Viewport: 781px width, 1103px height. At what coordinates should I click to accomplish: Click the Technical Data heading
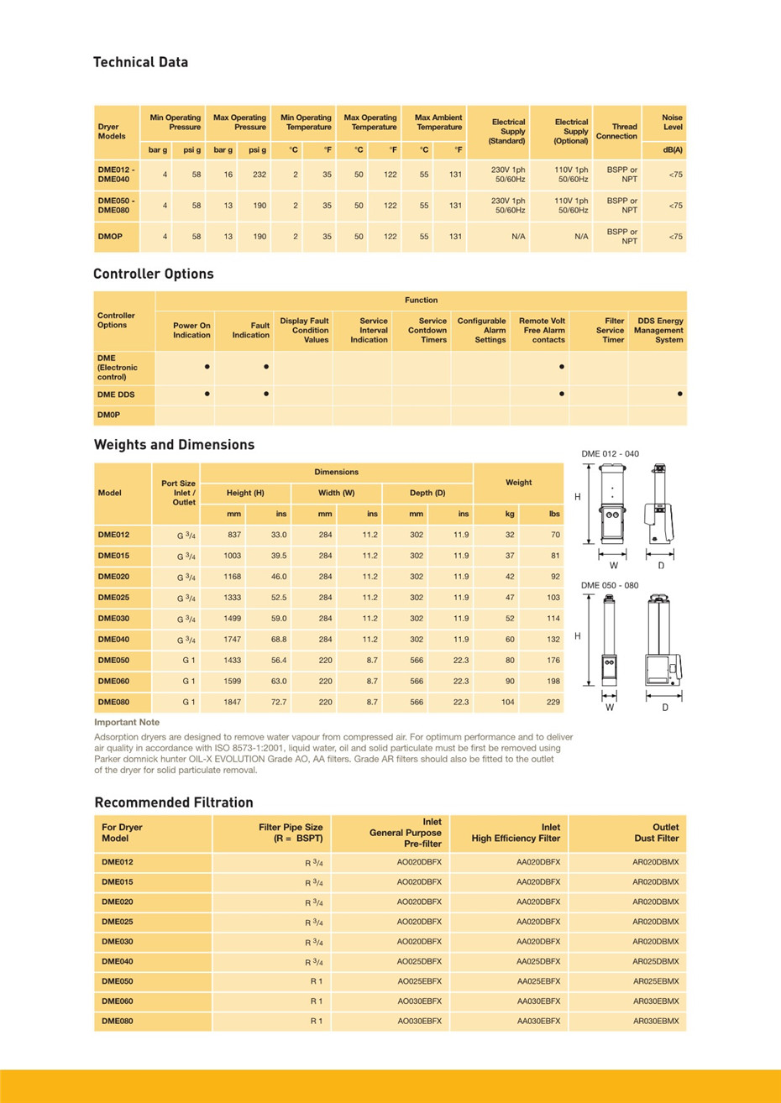click(140, 62)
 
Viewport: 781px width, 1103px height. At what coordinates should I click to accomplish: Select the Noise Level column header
click(672, 123)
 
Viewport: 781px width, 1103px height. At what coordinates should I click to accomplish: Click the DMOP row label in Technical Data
click(110, 237)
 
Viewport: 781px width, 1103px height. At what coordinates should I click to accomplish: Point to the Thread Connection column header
click(616, 132)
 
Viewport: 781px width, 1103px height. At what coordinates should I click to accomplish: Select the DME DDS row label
click(116, 395)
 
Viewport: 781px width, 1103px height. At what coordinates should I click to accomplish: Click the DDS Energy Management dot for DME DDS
click(679, 394)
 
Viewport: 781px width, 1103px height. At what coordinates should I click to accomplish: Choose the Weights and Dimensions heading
click(174, 445)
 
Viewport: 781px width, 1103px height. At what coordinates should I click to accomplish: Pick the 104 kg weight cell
click(507, 702)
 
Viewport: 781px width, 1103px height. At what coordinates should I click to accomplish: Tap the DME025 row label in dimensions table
click(113, 598)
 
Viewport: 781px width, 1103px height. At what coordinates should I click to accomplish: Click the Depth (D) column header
click(427, 493)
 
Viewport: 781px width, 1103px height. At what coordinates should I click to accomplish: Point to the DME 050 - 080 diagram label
click(610, 585)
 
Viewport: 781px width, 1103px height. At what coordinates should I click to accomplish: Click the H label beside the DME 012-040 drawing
click(578, 497)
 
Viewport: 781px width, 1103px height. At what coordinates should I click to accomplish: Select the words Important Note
click(127, 722)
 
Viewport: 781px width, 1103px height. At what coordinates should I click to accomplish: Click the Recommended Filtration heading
click(174, 802)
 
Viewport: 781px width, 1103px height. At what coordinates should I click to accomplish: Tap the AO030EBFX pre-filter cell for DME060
click(419, 1001)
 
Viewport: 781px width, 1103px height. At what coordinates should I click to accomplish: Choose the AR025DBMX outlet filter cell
click(656, 961)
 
